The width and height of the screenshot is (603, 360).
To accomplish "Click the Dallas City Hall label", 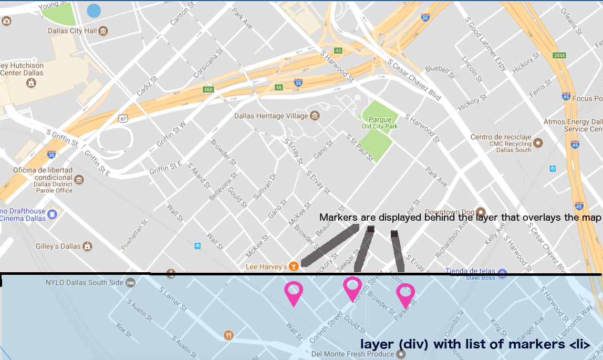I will [72, 30].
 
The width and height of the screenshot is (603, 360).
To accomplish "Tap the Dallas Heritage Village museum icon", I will [315, 116].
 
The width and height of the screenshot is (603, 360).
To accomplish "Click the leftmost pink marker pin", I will [293, 292].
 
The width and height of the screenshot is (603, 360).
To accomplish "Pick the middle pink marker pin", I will [352, 288].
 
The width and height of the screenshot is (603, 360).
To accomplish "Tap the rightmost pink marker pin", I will [405, 294].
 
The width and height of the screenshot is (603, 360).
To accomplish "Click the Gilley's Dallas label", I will [58, 246].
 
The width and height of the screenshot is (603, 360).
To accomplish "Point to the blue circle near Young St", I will [93, 10].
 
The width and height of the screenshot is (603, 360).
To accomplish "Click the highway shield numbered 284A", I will [559, 56].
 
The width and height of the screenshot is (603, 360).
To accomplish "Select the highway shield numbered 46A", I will [209, 89].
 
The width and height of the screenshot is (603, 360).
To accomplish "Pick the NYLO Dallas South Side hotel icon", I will [131, 283].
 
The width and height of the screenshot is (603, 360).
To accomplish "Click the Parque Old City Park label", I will [380, 122].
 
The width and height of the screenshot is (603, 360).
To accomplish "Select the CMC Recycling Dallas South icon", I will [538, 142].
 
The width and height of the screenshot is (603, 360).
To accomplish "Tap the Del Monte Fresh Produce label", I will [352, 354].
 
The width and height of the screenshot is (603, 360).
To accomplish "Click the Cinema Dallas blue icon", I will [52, 214].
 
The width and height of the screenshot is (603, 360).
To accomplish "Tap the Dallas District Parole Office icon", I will [79, 180].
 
